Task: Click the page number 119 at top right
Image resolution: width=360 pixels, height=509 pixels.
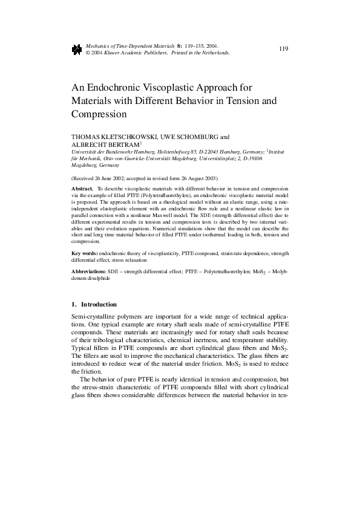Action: pyautogui.click(x=284, y=48)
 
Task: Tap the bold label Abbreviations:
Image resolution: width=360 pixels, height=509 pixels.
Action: pyautogui.click(x=88, y=272)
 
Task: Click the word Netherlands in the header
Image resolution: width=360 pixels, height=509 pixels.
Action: pyautogui.click(x=214, y=53)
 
